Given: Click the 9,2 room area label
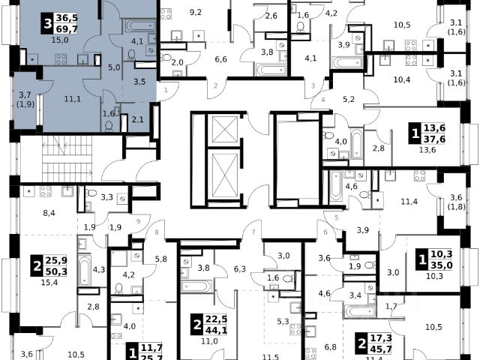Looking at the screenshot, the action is point(197,12).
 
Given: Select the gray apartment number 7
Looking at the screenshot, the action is point(254,232).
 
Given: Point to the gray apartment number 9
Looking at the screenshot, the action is point(138,220).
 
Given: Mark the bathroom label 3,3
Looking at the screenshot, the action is point(106,198).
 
